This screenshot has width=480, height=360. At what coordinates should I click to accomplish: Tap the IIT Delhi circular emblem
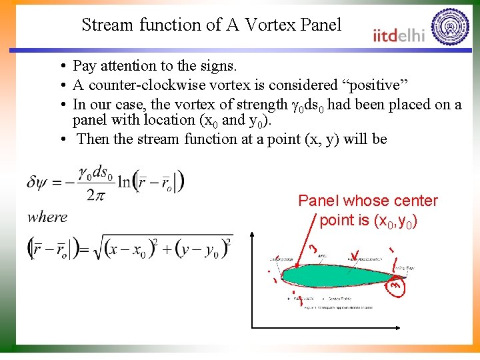tap(451, 27)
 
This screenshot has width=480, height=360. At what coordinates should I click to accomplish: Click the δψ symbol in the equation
tap(39, 182)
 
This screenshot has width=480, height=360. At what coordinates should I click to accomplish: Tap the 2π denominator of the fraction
tap(96, 194)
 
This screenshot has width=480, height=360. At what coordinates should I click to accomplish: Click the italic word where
tap(47, 217)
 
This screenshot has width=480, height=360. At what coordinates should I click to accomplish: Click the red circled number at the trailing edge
tap(395, 285)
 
